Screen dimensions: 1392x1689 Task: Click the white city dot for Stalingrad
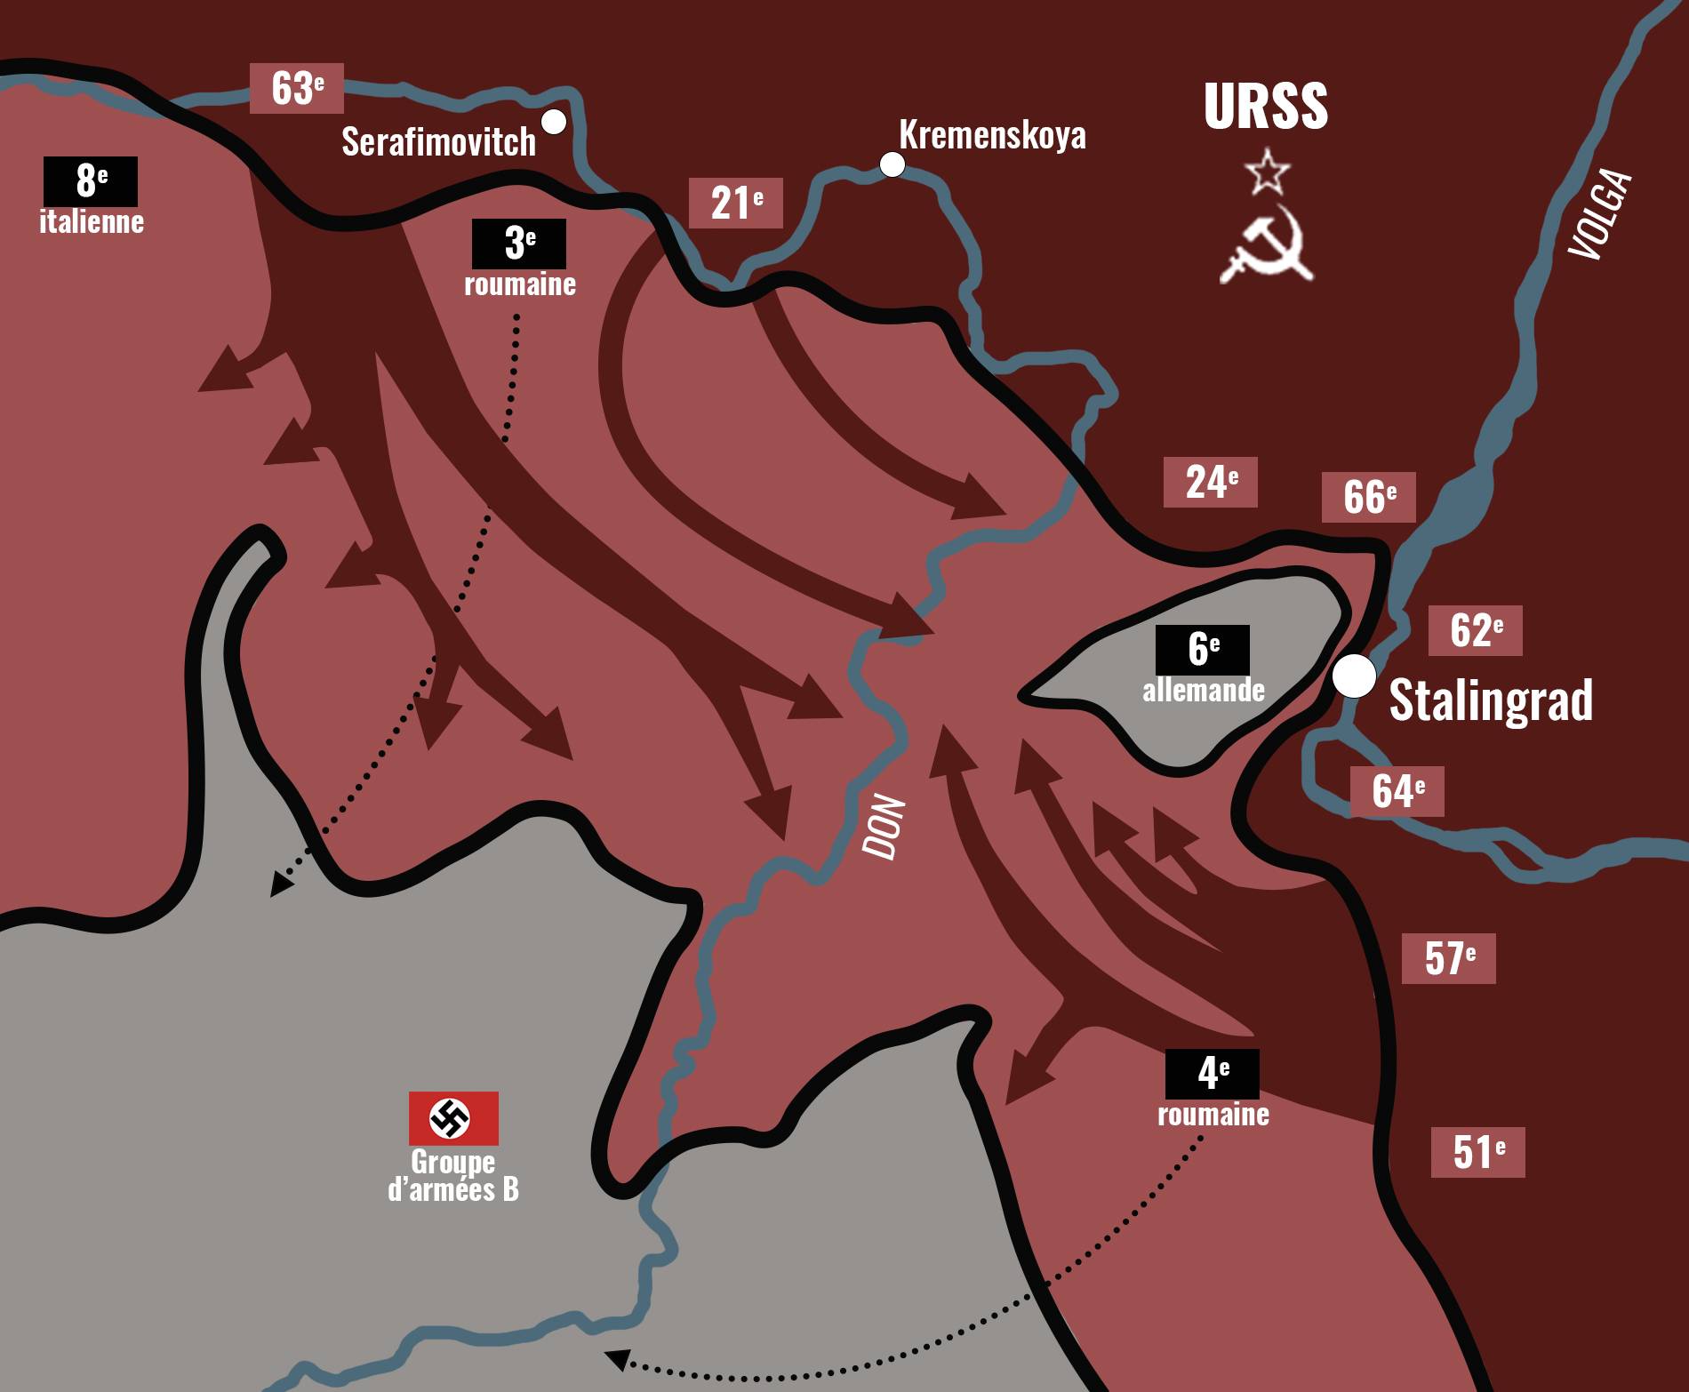click(1354, 677)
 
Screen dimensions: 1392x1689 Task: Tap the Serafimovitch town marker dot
click(554, 122)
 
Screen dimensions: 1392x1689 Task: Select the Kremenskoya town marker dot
click(892, 164)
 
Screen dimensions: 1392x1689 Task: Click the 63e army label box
click(296, 88)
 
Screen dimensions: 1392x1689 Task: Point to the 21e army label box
click(736, 203)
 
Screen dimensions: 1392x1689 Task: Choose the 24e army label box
click(1211, 482)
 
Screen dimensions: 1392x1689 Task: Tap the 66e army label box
click(1369, 496)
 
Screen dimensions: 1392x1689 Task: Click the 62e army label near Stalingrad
click(1476, 630)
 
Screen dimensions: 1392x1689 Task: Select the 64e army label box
click(1397, 791)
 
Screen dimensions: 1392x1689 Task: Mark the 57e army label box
click(1449, 958)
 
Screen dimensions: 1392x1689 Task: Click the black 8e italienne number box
click(91, 181)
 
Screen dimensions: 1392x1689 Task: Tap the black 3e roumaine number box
click(519, 243)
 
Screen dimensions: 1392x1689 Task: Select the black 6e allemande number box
click(1203, 649)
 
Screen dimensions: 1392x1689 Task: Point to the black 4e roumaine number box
click(1213, 1074)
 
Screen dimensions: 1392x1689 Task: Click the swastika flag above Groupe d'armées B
click(453, 1118)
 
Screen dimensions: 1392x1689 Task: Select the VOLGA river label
click(1601, 214)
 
